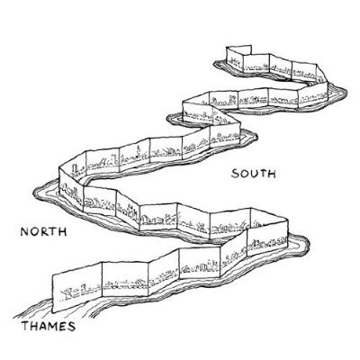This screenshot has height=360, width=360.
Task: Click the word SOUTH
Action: click(x=254, y=174)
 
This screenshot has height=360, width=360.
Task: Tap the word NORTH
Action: click(x=43, y=231)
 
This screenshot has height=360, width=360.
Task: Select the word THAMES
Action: click(x=48, y=326)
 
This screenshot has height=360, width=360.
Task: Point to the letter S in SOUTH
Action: click(x=235, y=174)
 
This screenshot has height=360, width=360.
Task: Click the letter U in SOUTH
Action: click(x=254, y=174)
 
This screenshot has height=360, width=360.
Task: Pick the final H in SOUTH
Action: click(x=272, y=174)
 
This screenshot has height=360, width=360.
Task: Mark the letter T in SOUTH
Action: click(x=263, y=174)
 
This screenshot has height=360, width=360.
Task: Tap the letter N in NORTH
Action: click(x=24, y=232)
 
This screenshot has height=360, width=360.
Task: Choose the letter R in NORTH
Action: click(x=44, y=232)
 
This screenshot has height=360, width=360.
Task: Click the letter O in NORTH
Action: click(x=34, y=232)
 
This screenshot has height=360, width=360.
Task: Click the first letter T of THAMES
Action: click(x=25, y=326)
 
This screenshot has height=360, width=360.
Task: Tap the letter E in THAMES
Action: click(x=62, y=327)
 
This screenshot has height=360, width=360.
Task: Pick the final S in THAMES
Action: click(x=71, y=327)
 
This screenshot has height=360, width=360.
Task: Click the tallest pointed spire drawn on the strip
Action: click(x=139, y=151)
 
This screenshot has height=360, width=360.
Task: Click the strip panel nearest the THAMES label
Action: click(x=77, y=285)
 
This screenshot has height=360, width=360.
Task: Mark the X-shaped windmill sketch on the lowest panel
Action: click(x=67, y=292)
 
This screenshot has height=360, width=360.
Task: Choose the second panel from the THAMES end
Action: click(x=125, y=278)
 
